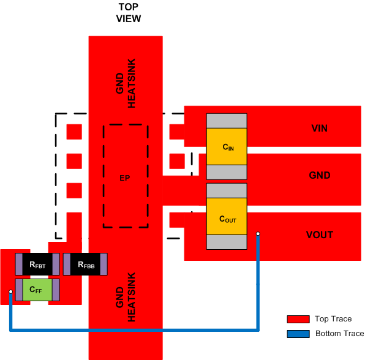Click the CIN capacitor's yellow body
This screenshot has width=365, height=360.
coord(227,147)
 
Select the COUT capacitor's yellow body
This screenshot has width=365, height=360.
coord(227,217)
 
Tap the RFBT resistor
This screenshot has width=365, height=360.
coord(37,264)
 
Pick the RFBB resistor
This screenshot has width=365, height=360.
coord(86,264)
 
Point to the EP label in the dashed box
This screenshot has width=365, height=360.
coord(126,178)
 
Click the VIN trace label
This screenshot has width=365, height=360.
coord(320,129)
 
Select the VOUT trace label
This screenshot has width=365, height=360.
coord(320,235)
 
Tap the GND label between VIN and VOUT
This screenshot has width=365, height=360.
coord(320,176)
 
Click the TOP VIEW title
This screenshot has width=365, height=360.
coord(129,12)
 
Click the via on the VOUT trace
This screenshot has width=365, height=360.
coord(258,234)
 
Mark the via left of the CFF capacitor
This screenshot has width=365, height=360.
coord(10,291)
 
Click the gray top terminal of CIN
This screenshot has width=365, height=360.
coord(227,121)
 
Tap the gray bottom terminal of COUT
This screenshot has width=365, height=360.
coord(227,242)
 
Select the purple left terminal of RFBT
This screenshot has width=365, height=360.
coord(19,264)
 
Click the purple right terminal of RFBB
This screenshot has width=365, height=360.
coord(104,264)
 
